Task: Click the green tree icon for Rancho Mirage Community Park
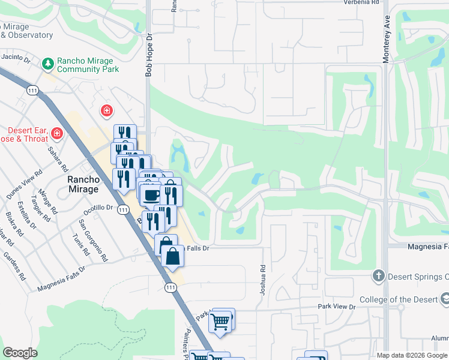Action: pos(47,63)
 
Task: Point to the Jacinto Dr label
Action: pos(16,58)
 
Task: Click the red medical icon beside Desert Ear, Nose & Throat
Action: pos(57,133)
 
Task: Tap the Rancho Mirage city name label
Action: pos(83,184)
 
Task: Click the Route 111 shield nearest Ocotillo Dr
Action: pos(123,209)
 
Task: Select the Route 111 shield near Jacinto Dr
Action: pos(32,90)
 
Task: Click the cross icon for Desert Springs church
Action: pos(378,275)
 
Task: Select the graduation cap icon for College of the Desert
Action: pos(445,298)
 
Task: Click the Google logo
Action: pos(20,353)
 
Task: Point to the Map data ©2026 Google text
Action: pos(412,355)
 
